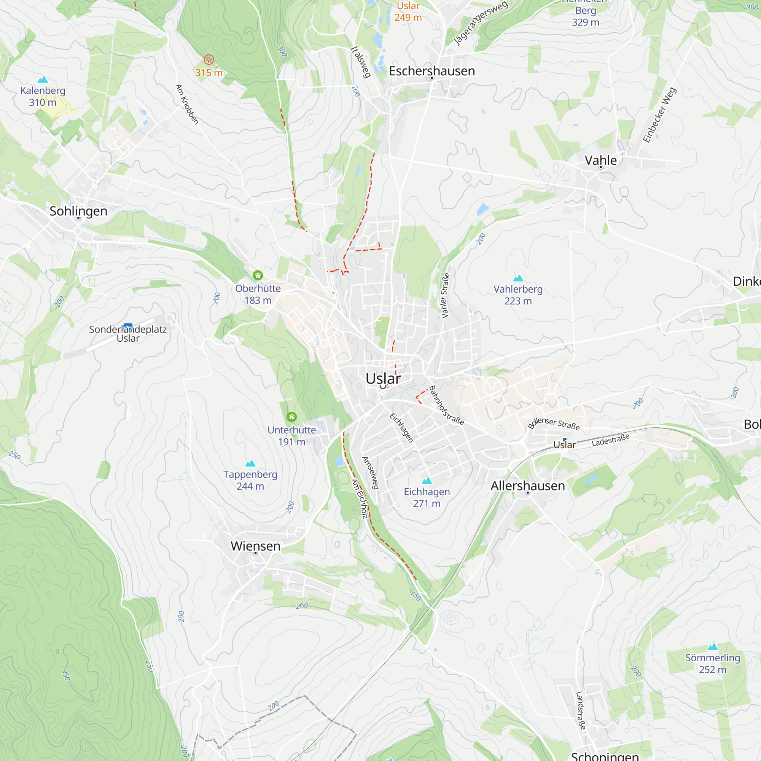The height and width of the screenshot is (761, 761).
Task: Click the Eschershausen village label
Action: [432, 71]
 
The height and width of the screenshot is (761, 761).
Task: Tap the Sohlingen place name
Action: [78, 211]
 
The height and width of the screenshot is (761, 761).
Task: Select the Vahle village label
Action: [600, 160]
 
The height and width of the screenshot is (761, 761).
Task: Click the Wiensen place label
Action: [255, 546]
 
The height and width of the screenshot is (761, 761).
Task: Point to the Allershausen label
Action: [527, 486]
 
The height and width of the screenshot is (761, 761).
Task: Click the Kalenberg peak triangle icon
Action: [43, 80]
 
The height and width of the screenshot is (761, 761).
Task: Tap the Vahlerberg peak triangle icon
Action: [518, 278]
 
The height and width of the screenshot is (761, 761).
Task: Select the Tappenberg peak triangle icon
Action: [250, 463]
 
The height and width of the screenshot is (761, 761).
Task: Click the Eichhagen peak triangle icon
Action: [427, 481]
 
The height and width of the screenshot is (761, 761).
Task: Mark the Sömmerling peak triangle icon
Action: [713, 646]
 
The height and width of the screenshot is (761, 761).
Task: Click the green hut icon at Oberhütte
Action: [258, 275]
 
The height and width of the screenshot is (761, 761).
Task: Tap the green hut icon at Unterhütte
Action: [291, 417]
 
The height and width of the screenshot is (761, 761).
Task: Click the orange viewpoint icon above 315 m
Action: [209, 59]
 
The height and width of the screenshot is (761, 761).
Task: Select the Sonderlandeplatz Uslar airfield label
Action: [127, 333]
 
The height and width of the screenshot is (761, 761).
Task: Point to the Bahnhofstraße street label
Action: [446, 405]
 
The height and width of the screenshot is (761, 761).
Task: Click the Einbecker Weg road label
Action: [659, 115]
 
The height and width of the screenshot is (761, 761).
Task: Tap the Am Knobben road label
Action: [187, 104]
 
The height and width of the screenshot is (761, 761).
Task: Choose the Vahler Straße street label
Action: [445, 295]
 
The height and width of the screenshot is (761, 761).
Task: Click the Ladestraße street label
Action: [610, 439]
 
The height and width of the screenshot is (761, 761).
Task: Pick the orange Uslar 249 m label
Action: [408, 11]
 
